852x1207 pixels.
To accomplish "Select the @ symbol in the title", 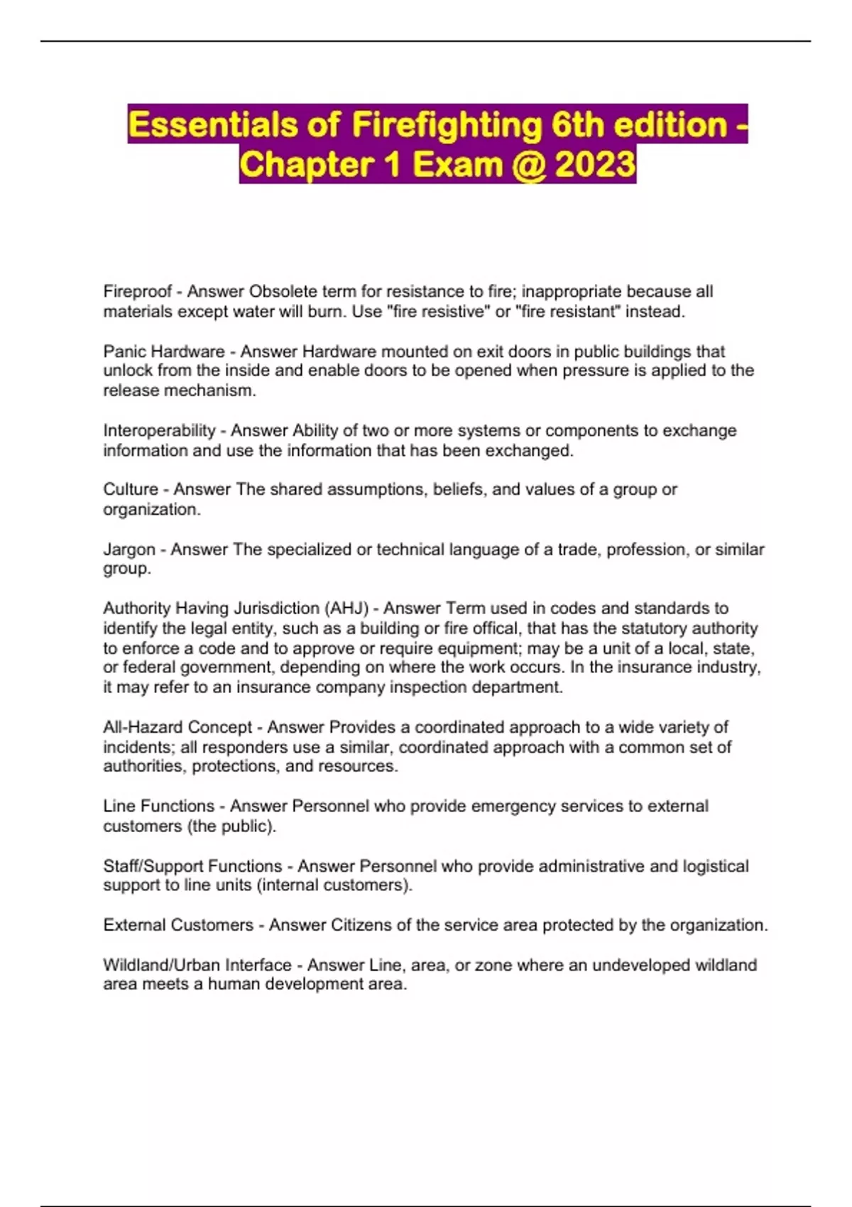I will [x=526, y=165].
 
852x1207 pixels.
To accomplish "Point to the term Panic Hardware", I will [x=164, y=351].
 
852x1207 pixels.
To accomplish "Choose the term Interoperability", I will [x=159, y=430].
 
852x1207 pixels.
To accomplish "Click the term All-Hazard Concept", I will [x=177, y=727].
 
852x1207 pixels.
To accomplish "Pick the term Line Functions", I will [x=158, y=806].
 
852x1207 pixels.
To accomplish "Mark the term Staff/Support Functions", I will [x=192, y=866].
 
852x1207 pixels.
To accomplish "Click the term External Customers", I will [x=178, y=925].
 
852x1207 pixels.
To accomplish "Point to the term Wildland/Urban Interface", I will [x=197, y=965].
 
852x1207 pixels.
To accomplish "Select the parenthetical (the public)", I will [x=231, y=826].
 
